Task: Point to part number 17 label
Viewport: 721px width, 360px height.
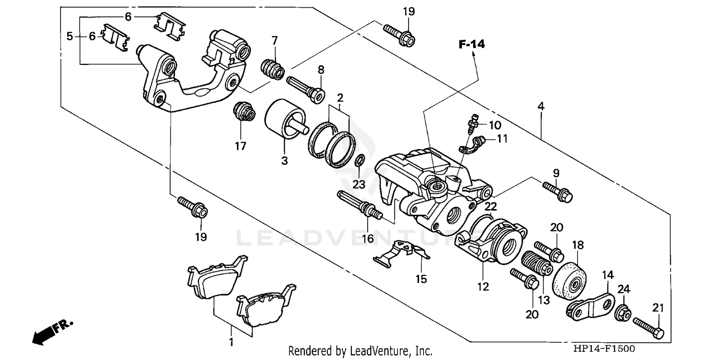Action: coord(240,145)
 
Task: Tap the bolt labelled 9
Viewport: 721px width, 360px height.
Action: coord(558,191)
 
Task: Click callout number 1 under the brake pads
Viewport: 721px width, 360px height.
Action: coord(231,343)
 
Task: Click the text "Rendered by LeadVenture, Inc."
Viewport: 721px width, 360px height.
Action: coord(360,351)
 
